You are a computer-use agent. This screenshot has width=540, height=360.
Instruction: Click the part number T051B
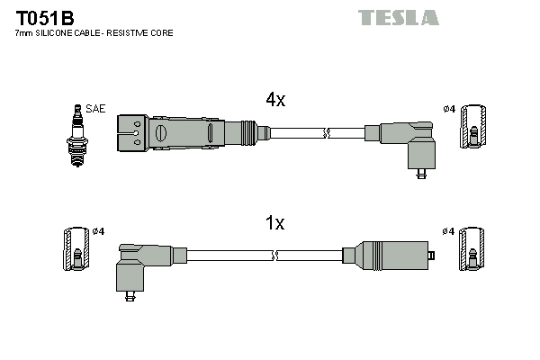(x=43, y=17)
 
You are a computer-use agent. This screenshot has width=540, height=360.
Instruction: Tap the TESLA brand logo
(x=398, y=17)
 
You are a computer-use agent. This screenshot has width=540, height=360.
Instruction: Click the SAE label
(x=96, y=109)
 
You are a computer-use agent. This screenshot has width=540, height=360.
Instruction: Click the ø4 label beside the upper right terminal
(x=449, y=109)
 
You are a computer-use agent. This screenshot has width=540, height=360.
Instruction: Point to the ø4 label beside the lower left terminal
(x=98, y=231)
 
